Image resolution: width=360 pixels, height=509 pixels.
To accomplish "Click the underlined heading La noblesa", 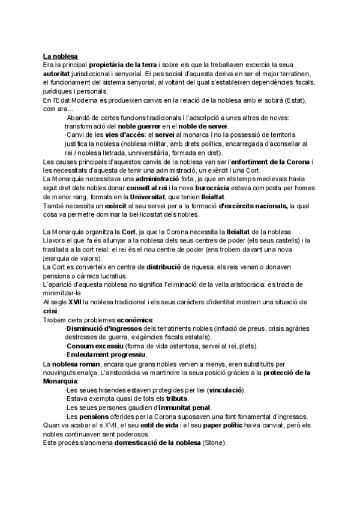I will pos(62,56).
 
